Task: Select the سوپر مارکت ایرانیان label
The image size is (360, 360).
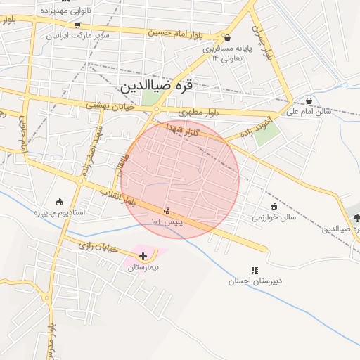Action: (x=78, y=34)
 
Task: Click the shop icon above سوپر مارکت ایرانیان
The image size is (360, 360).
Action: (x=77, y=23)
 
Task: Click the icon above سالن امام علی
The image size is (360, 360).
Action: (x=310, y=100)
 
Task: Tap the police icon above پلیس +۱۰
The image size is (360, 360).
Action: (x=167, y=210)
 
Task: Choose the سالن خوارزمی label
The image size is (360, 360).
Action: (x=274, y=217)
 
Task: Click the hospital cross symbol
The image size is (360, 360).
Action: (x=143, y=256)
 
